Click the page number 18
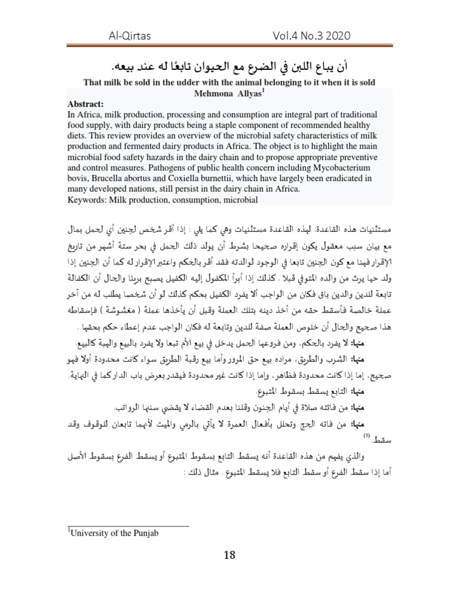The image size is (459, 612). [229, 555]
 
